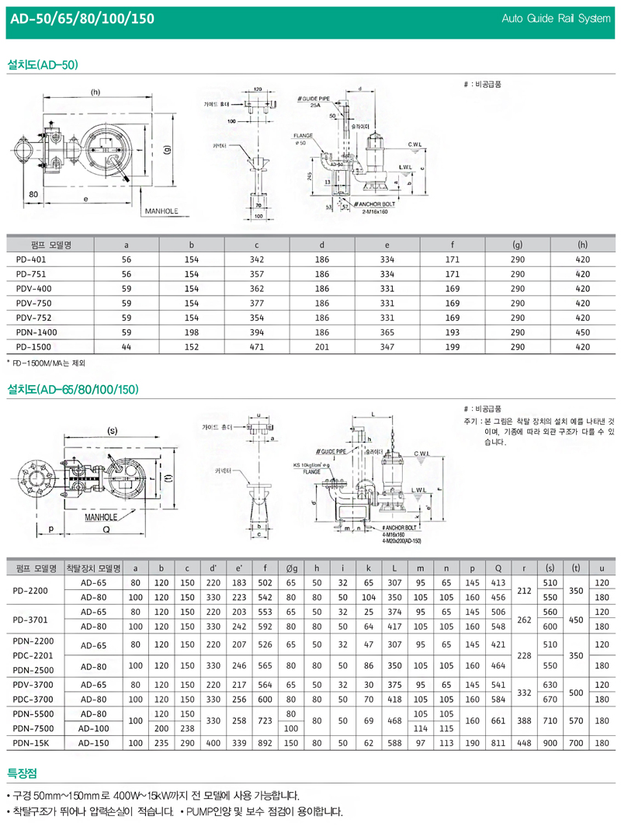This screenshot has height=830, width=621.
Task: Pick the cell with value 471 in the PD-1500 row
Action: point(256,346)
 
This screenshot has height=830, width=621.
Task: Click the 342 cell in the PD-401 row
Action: point(256,259)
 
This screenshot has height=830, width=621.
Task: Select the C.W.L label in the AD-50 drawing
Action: point(415,144)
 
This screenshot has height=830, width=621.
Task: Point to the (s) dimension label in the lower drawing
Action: point(112,430)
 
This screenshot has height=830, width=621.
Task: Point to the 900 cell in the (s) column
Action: point(551,744)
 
